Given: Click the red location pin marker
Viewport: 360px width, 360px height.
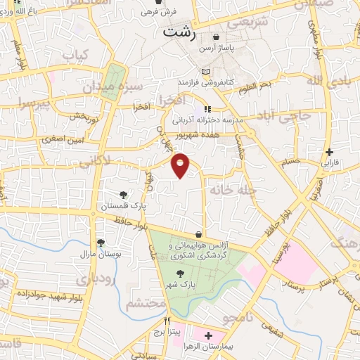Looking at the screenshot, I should (x=181, y=165).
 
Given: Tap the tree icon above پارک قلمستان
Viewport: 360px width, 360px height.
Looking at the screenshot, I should (x=124, y=194).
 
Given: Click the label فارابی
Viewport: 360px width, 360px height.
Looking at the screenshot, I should (x=330, y=162).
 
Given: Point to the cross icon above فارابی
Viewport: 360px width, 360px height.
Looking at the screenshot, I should (x=330, y=152).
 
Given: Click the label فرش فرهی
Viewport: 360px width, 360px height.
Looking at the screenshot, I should (x=158, y=12).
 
